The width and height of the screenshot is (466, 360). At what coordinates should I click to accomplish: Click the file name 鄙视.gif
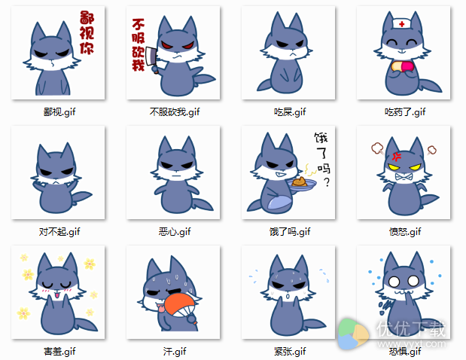click(59, 112)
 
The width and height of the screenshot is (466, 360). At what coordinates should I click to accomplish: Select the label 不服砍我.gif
click(175, 112)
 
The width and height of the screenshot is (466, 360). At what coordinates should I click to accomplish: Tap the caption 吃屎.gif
click(290, 112)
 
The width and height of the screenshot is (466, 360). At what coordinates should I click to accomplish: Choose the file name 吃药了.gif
click(405, 112)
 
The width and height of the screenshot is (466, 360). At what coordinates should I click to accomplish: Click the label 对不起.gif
click(59, 231)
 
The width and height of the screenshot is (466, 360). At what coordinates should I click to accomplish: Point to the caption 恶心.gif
click(175, 231)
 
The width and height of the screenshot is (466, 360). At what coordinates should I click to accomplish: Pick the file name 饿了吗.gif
click(290, 231)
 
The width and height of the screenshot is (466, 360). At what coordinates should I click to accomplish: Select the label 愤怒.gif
click(405, 231)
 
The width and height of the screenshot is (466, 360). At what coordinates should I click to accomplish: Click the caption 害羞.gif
click(59, 350)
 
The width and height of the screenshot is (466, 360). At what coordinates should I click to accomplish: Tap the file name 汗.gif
click(175, 350)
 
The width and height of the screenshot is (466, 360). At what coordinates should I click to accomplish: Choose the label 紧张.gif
click(290, 350)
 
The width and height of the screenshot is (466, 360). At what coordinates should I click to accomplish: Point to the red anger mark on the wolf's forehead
click(394, 155)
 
